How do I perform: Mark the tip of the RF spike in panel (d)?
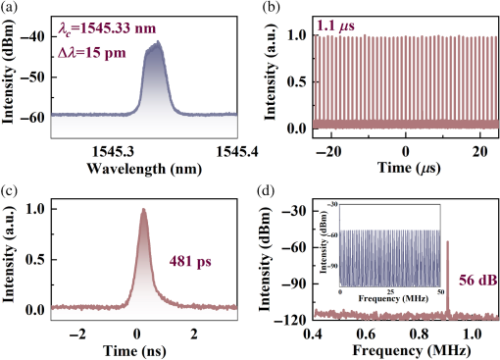(448, 241)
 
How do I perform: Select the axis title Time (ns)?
(145, 350)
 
